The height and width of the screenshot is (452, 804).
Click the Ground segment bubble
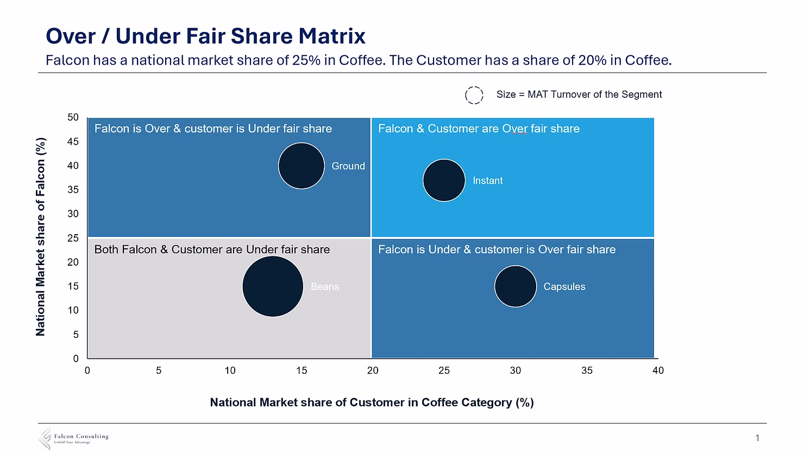click(301, 166)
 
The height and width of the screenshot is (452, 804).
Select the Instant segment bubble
click(444, 180)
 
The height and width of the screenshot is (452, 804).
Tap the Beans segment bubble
click(273, 286)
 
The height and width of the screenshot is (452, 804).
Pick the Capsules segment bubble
click(515, 286)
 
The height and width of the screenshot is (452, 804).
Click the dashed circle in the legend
click(474, 95)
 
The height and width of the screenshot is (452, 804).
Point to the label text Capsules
click(564, 287)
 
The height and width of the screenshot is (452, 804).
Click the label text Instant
click(487, 181)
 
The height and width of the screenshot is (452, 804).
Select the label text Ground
click(348, 166)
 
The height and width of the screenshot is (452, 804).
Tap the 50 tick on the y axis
click(73, 117)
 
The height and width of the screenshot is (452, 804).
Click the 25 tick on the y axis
click(73, 238)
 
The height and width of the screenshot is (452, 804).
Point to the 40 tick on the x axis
click(658, 371)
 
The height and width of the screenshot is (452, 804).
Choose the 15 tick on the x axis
click(301, 371)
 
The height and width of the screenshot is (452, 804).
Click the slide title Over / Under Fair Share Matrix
click(205, 36)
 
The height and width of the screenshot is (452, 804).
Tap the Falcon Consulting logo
click(73, 438)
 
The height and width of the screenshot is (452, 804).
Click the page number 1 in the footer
click(757, 438)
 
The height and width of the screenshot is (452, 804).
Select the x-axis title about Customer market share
click(372, 403)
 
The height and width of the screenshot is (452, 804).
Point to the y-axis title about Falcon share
click(41, 237)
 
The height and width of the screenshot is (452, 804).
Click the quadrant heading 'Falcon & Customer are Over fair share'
click(479, 129)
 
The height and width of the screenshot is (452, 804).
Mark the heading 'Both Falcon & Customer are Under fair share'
click(212, 249)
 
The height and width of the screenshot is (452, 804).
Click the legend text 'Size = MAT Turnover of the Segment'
click(579, 95)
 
